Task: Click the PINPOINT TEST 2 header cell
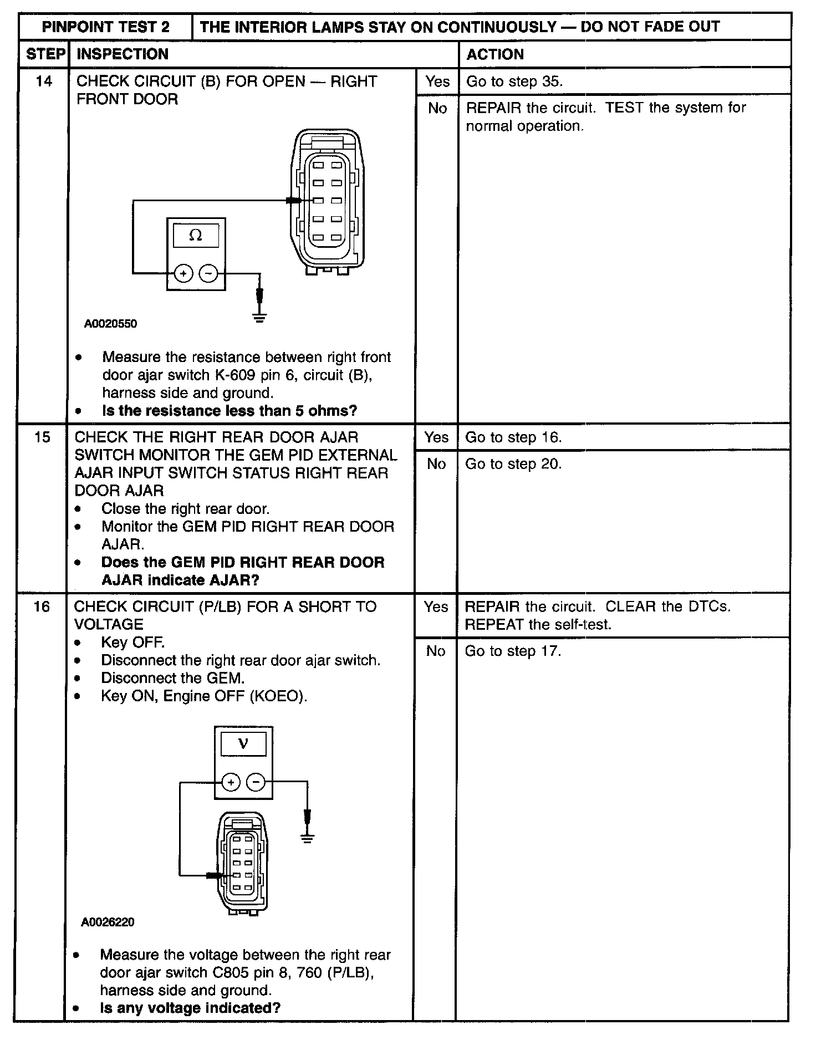pos(106,27)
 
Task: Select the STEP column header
pos(45,54)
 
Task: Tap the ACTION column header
pos(495,54)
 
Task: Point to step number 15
pos(42,437)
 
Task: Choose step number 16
pos(42,606)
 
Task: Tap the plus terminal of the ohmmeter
pos(183,273)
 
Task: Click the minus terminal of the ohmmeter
pos(208,273)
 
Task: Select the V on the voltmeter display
pos(243,744)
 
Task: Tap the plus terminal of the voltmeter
pos(231,782)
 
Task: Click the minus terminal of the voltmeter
pos(256,782)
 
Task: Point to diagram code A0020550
pos(110,324)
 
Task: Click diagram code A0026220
pos(108,922)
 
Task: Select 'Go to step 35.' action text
pos(514,81)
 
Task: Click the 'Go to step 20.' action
pos(513,464)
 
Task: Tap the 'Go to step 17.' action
pos(513,651)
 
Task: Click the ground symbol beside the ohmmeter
pos(259,318)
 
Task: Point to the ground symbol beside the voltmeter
pos(307,838)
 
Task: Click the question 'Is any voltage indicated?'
pos(190,1007)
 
